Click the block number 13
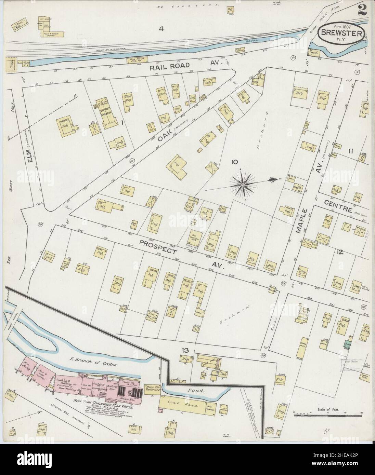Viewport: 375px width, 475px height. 185,350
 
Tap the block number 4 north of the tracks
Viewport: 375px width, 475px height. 161,29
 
